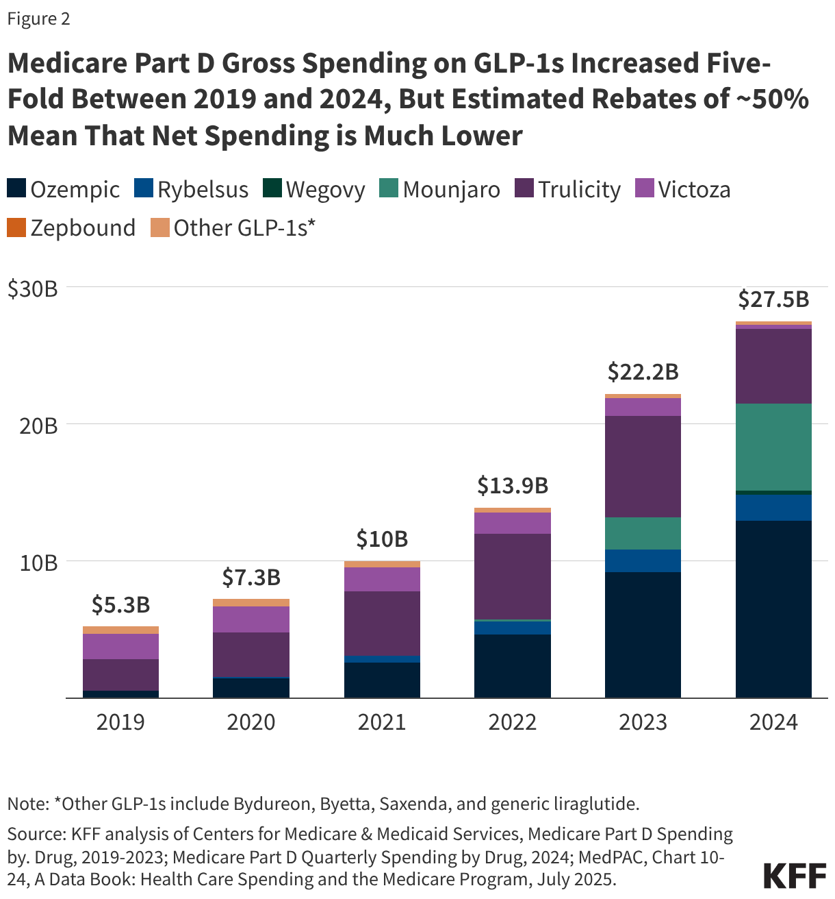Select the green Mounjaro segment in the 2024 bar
coord(773,447)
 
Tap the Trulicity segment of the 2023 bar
coord(643,466)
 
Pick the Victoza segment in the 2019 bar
coord(120,646)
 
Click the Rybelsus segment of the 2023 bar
coord(643,561)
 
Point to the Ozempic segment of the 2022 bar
coord(512,665)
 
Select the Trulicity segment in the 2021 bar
coord(382,623)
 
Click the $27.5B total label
coord(773,299)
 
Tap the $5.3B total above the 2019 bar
coord(120,605)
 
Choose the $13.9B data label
coord(512,486)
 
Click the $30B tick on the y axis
coord(32,288)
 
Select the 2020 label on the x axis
coord(251,722)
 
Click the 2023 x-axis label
coord(643,722)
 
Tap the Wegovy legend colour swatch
coord(272,189)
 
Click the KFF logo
coord(794,875)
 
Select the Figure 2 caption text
coord(39,19)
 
